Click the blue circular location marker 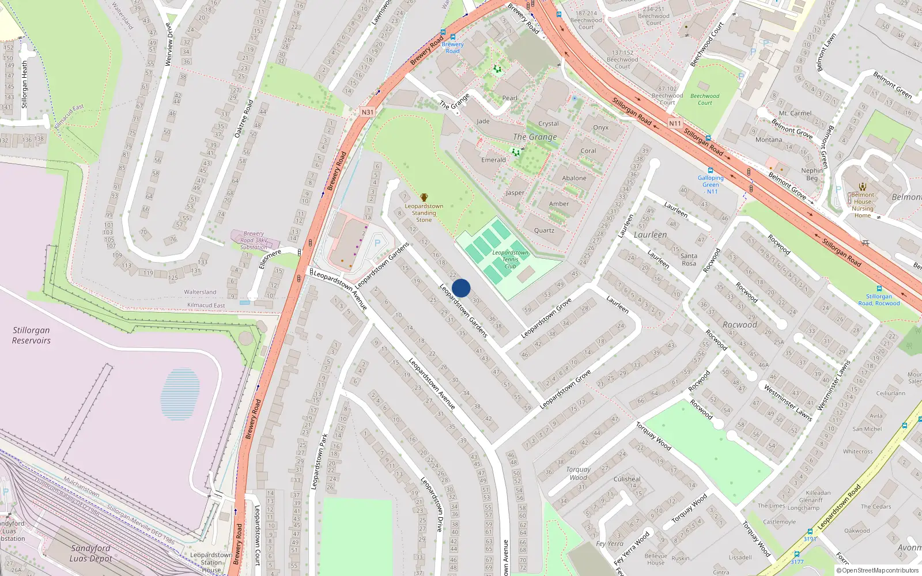click(461, 288)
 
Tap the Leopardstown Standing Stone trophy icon click(424, 198)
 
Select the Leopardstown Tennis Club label click(510, 259)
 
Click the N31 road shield click(368, 112)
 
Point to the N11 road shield click(675, 123)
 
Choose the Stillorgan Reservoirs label click(32, 335)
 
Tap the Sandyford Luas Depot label click(90, 553)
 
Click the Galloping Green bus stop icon click(711, 170)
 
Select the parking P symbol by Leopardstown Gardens click(377, 243)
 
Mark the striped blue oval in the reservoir click(180, 394)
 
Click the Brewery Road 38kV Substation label click(254, 240)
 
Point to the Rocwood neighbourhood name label click(740, 325)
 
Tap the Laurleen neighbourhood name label click(650, 235)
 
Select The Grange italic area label click(535, 137)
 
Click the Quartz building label click(544, 230)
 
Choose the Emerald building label click(493, 160)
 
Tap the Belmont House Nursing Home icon click(863, 187)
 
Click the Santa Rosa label click(689, 260)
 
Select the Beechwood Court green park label click(705, 100)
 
